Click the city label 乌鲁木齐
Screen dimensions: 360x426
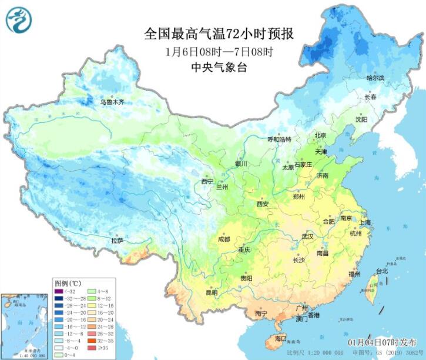click(112, 102)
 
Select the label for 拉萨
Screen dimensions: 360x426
click(118, 240)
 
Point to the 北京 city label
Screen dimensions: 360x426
click(320, 135)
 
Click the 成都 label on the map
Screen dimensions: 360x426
click(223, 239)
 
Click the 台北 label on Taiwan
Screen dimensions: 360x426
click(382, 271)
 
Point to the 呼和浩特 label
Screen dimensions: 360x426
click(279, 139)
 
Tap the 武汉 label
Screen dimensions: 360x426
click(308, 236)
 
